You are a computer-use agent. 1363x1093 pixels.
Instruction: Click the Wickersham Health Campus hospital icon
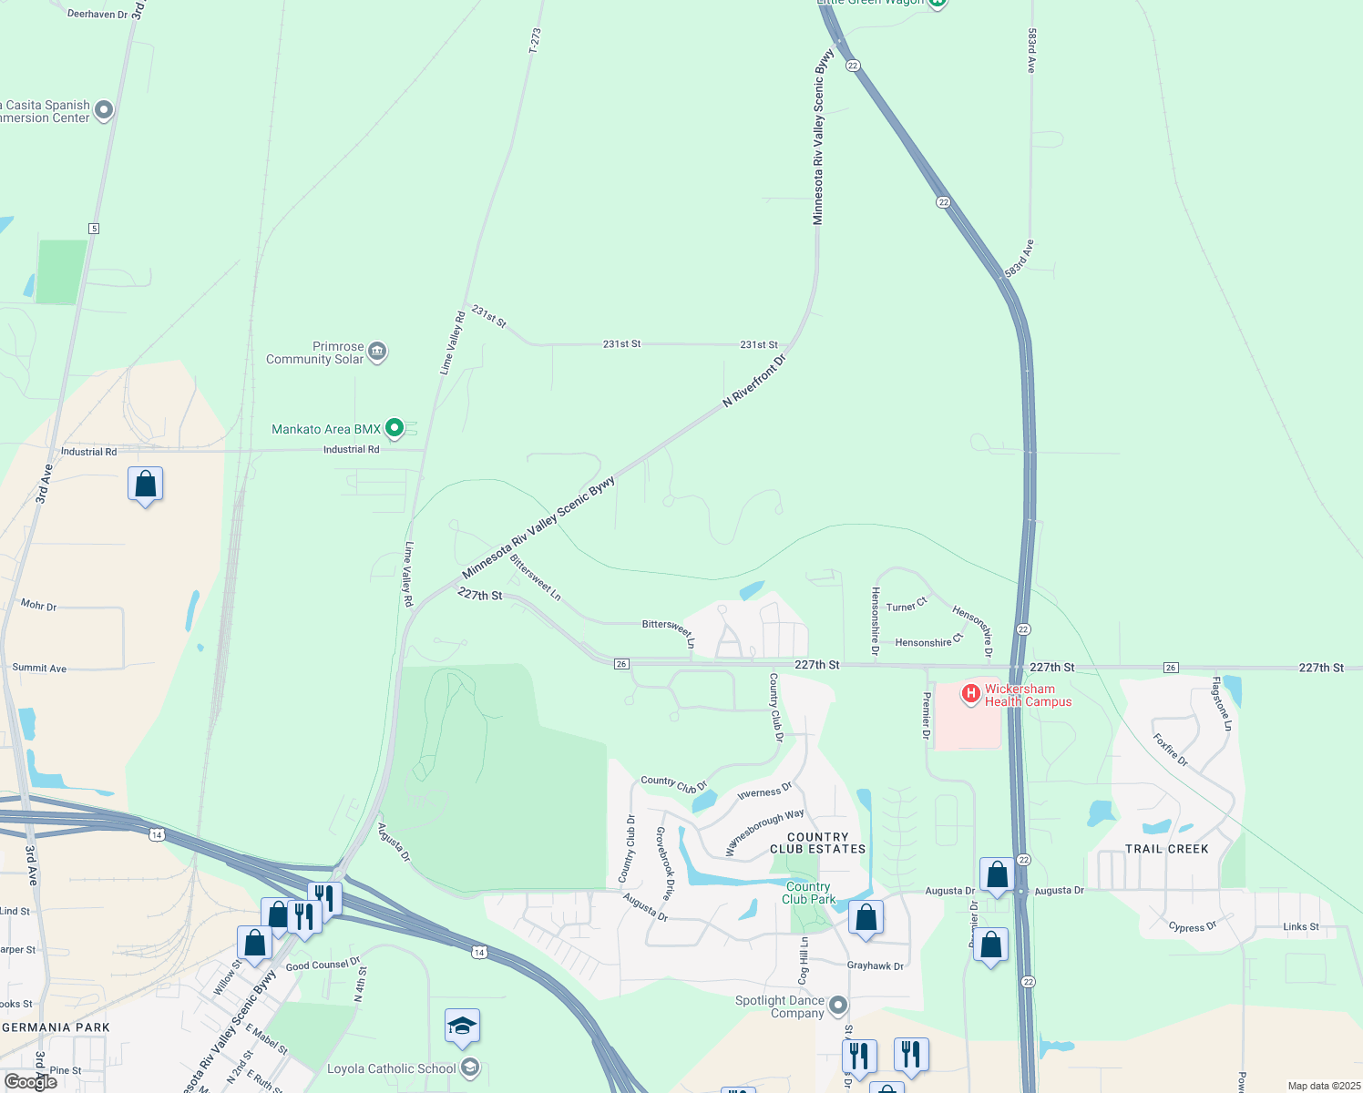coord(971,695)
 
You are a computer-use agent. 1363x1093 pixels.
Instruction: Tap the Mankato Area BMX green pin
coord(395,427)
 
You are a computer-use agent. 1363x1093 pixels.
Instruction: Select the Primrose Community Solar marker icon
coord(377,352)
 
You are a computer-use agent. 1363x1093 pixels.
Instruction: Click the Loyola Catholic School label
coord(391,1068)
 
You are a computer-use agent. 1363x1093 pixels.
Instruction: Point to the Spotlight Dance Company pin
coord(838,1006)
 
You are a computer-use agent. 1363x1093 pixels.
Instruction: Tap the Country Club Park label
coord(808,893)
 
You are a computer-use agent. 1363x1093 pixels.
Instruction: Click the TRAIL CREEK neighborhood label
coord(1166,849)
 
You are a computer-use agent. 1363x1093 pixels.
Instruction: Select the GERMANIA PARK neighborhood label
coord(56,1027)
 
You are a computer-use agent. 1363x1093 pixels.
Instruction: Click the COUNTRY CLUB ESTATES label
coord(818,843)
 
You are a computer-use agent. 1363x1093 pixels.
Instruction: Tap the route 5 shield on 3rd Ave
coord(94,229)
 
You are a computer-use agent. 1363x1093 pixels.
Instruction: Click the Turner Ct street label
coord(907,606)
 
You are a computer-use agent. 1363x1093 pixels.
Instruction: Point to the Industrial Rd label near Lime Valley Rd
coord(351,449)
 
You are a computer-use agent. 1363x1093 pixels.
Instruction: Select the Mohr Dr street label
coord(39,605)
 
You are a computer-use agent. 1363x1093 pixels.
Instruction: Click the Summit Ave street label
coord(39,668)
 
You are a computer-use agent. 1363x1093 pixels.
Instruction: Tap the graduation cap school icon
coord(462,1026)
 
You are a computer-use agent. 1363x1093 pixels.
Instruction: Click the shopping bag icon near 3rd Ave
coord(146,485)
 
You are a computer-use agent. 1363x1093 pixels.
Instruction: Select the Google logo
coord(31,1081)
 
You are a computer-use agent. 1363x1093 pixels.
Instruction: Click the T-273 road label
coord(535,41)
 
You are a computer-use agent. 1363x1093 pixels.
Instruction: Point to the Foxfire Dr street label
coord(1170,750)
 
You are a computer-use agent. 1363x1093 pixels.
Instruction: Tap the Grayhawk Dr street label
coord(875,965)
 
